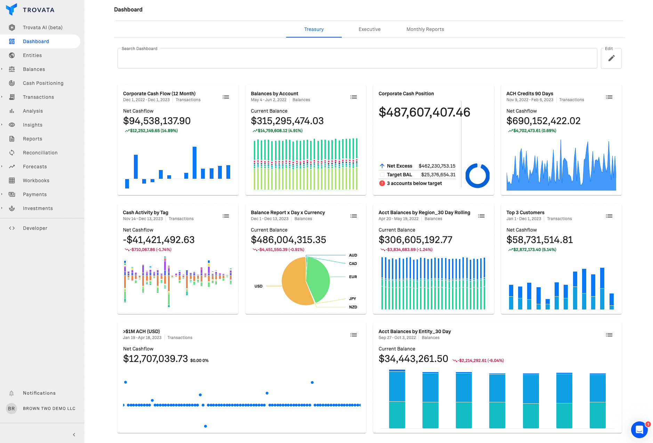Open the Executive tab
click(369, 29)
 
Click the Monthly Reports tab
click(425, 29)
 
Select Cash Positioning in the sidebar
click(43, 83)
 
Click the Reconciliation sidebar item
click(40, 153)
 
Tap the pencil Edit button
click(611, 58)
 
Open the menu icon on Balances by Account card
click(353, 97)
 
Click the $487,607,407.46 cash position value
click(424, 112)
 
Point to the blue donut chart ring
click(468, 176)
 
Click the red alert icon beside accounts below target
click(382, 183)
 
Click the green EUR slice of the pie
click(318, 278)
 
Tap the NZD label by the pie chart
click(353, 307)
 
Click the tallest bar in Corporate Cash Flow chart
click(194, 163)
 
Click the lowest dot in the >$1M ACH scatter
click(205, 426)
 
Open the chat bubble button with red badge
click(639, 430)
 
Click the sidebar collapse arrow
click(74, 435)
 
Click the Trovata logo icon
click(11, 9)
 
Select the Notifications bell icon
click(11, 393)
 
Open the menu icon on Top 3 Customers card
click(609, 216)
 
